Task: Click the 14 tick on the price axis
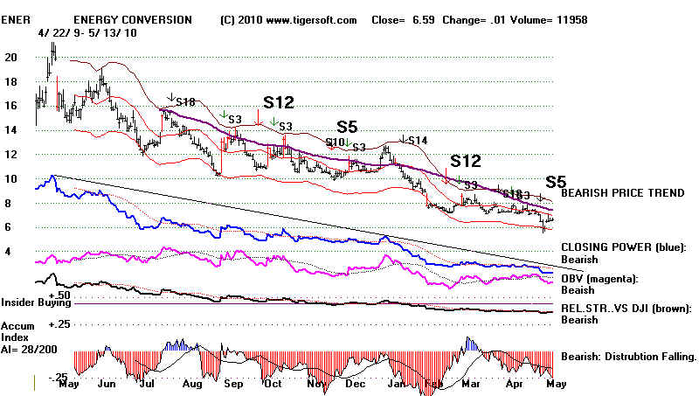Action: click(10, 129)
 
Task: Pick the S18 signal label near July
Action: click(185, 102)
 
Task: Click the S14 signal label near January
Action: click(417, 140)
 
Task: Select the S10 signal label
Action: click(336, 142)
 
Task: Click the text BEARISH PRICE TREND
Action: click(623, 191)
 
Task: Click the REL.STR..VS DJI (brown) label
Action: click(626, 307)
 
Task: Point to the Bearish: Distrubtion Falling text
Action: click(627, 357)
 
